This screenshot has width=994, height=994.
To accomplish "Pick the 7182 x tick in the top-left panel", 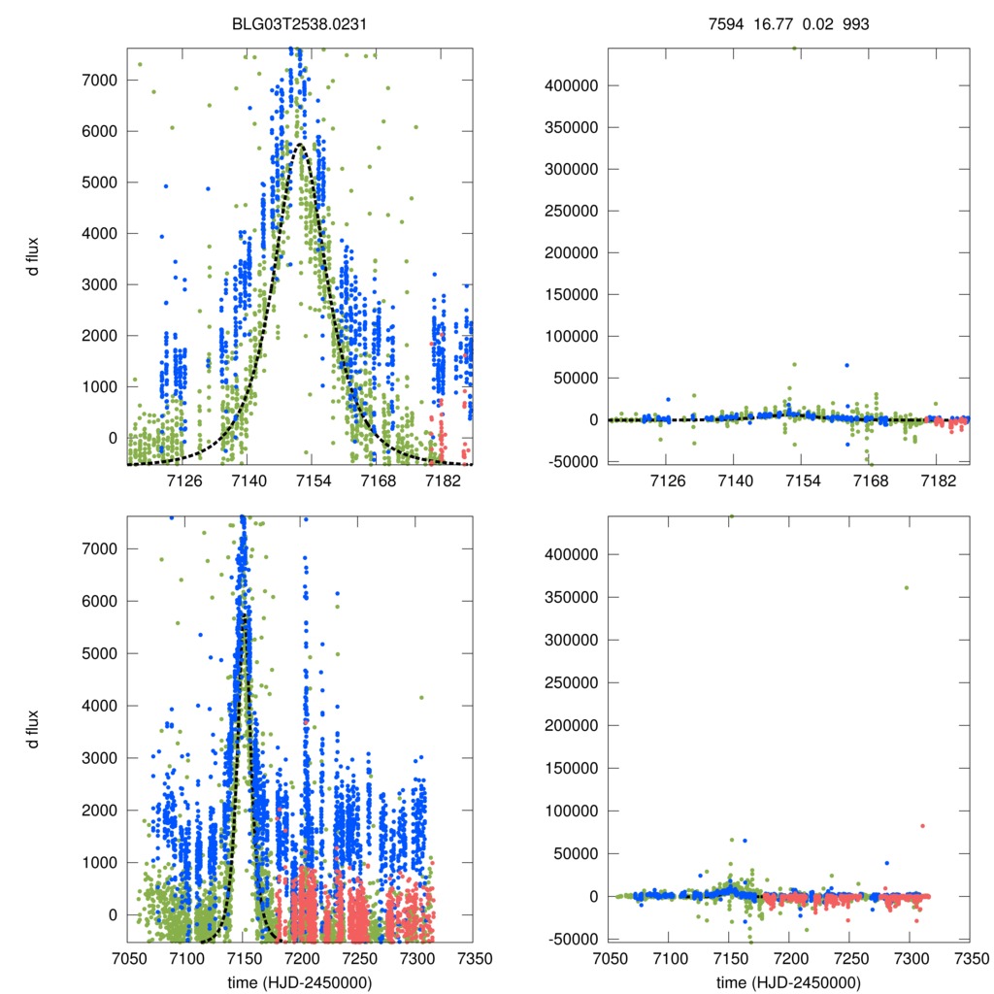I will [x=442, y=480].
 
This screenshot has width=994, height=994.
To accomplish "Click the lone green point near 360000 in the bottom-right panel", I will [x=907, y=587].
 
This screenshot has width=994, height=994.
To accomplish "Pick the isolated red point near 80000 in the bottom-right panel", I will [x=922, y=826].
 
